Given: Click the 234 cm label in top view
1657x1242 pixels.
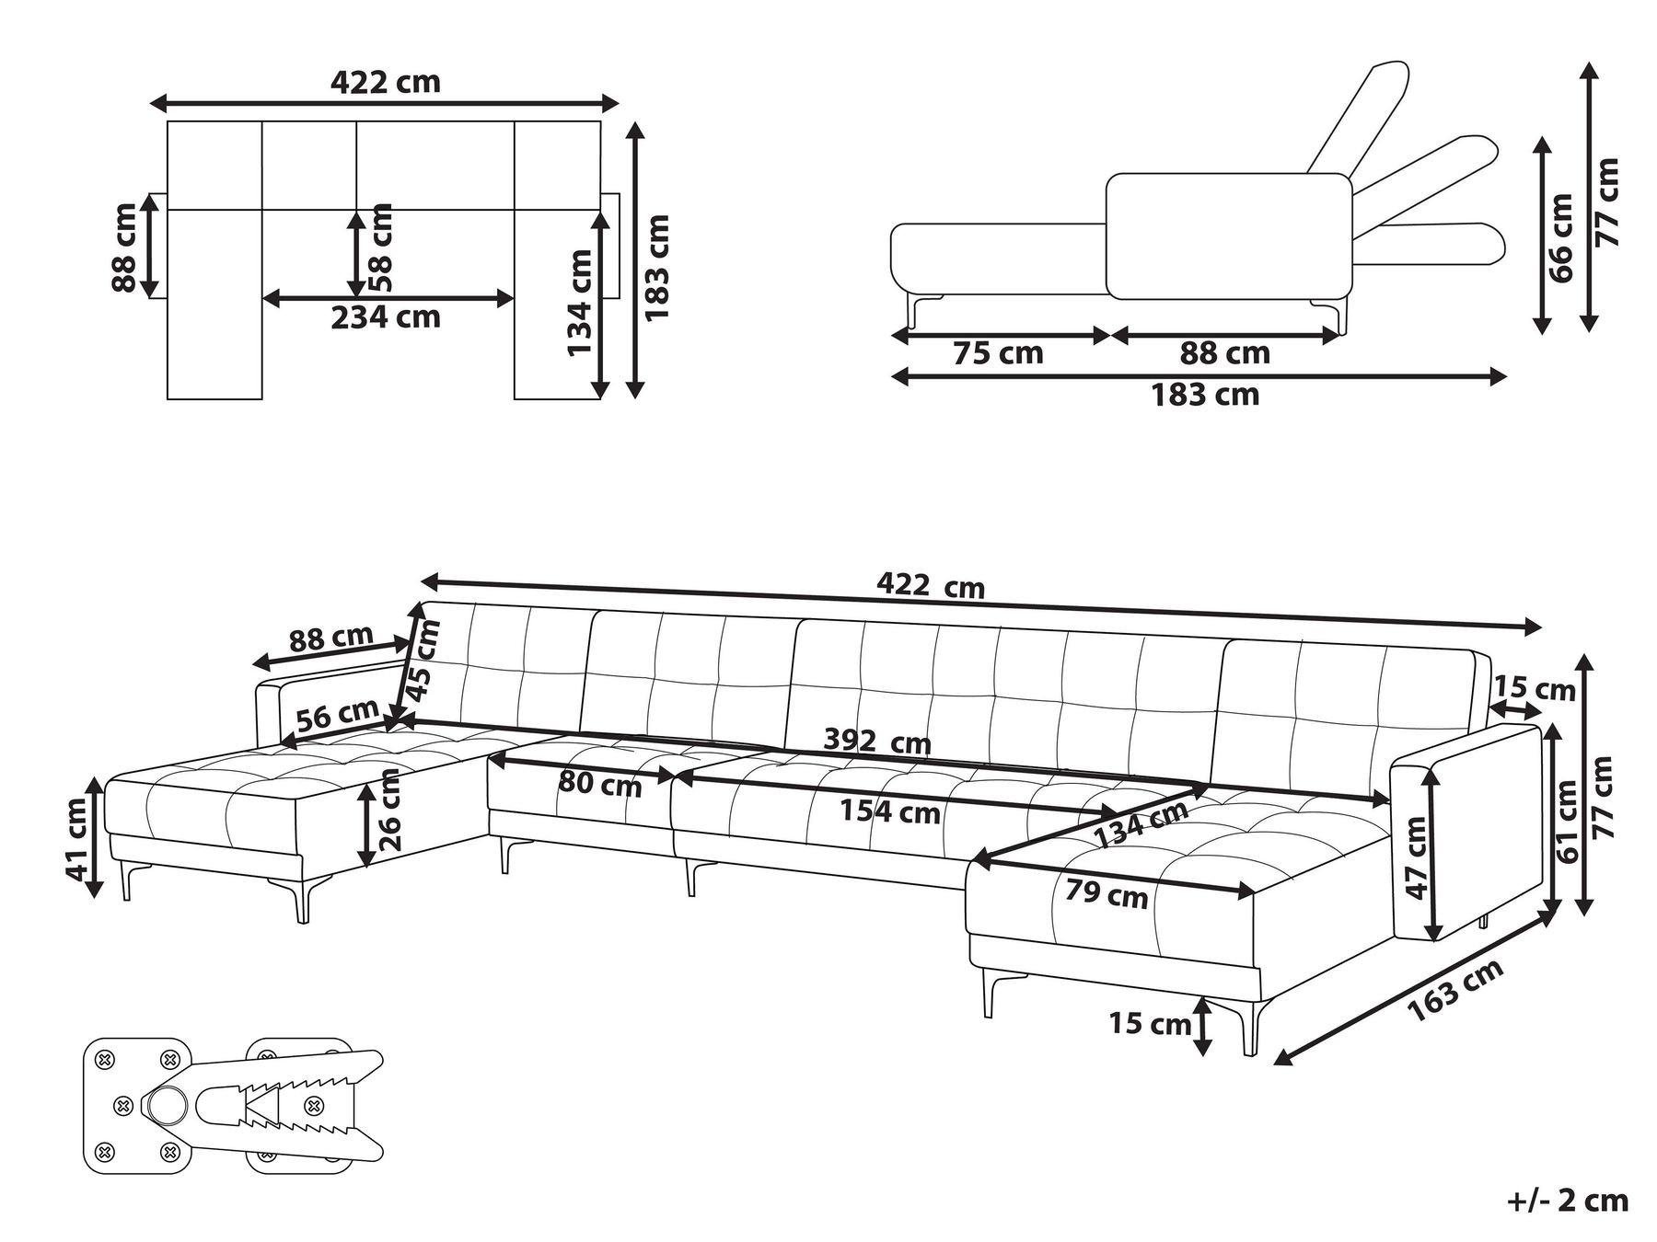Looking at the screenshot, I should coord(386,317).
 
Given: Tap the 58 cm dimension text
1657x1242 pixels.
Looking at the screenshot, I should coord(379,247).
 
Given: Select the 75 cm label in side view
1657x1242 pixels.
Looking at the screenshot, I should coord(998,353).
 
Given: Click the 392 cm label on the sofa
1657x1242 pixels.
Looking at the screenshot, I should coord(876,741).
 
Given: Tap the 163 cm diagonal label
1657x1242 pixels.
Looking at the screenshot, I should coord(1455,989).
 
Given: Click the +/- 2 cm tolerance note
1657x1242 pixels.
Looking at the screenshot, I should coord(1568,1201).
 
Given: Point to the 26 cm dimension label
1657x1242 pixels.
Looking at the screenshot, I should coord(389,810).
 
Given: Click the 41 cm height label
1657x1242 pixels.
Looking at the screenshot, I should coord(77,837).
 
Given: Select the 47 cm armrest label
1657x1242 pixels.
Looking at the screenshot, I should coord(1416,857).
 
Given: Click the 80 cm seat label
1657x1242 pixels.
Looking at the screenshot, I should coord(599,785).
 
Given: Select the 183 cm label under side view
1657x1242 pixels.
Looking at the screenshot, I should coord(1204,395).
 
